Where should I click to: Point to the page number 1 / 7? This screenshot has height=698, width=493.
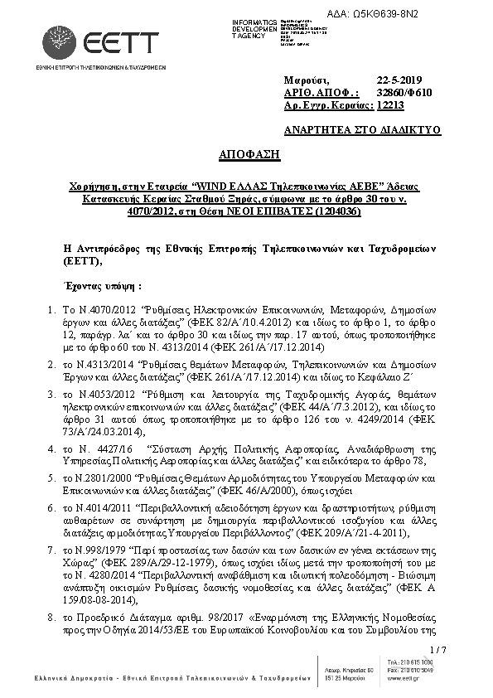click(x=439, y=648)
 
